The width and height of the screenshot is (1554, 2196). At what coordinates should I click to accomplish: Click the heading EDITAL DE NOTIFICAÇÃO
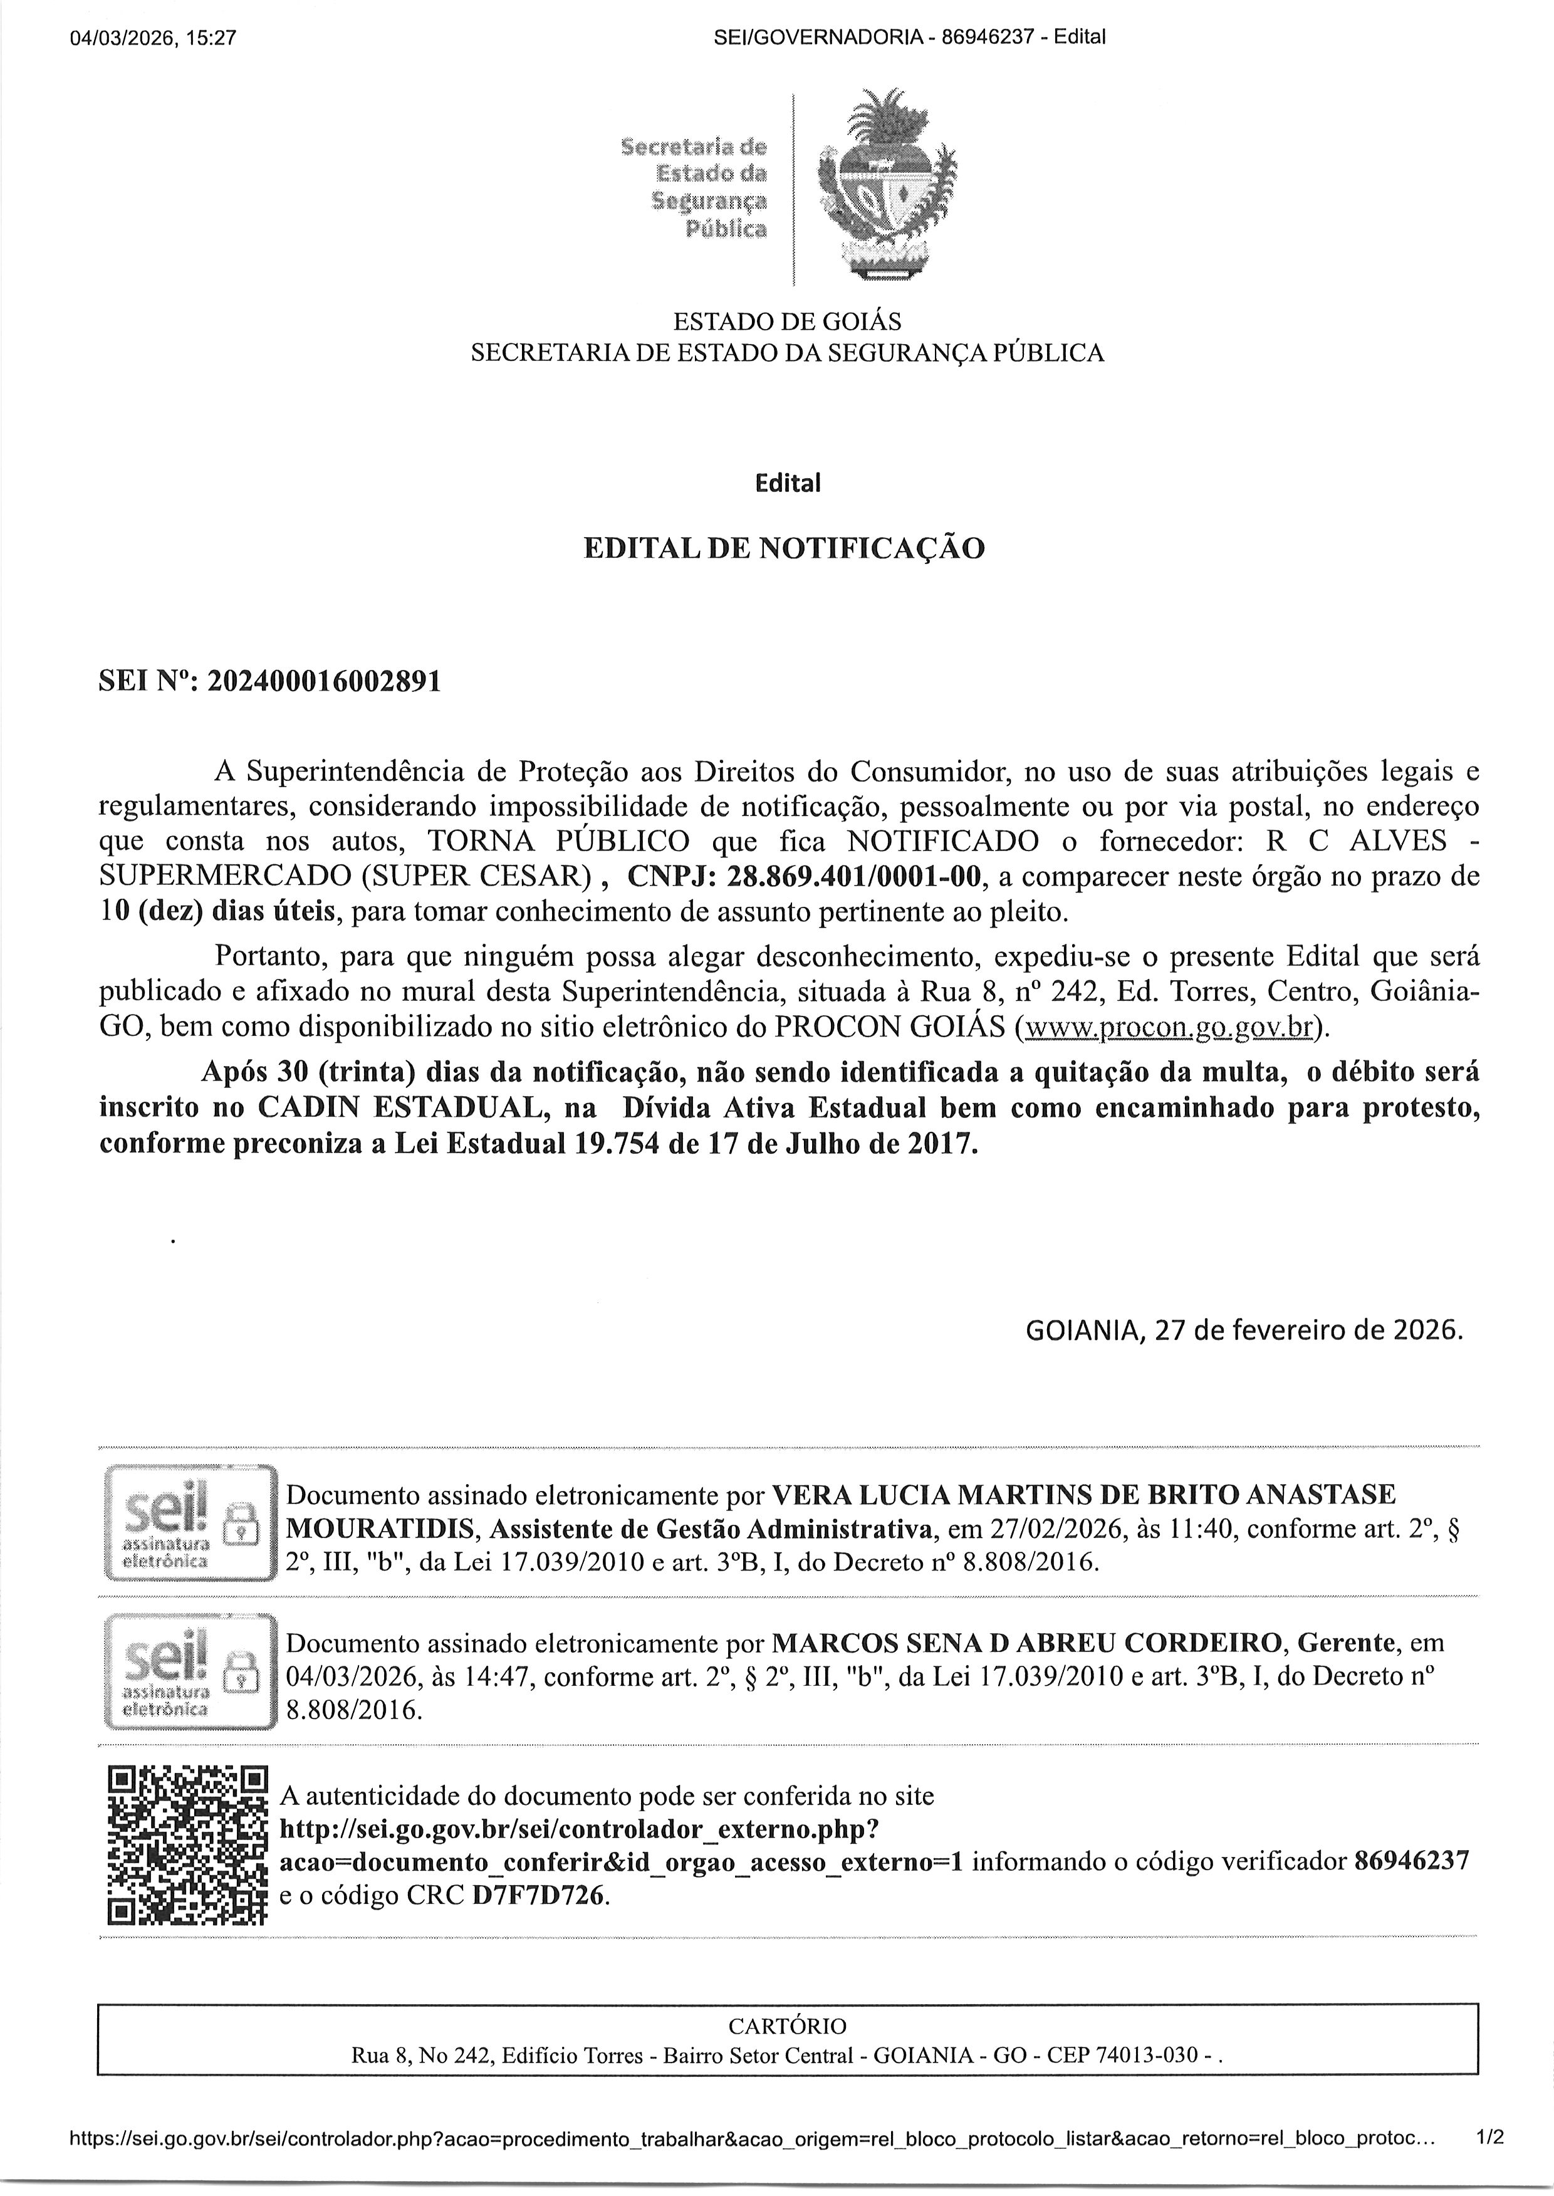pyautogui.click(x=784, y=548)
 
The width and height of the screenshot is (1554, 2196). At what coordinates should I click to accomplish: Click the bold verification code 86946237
pyautogui.click(x=1411, y=1861)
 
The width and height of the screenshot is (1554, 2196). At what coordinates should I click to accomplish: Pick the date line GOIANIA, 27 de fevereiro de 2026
pyautogui.click(x=1244, y=1330)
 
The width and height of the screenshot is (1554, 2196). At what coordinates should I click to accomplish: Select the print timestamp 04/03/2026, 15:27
pyautogui.click(x=153, y=38)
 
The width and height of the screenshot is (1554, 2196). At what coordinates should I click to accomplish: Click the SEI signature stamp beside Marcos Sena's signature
pyautogui.click(x=189, y=1671)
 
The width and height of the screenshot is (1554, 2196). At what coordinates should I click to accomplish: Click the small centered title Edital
pyautogui.click(x=788, y=483)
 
